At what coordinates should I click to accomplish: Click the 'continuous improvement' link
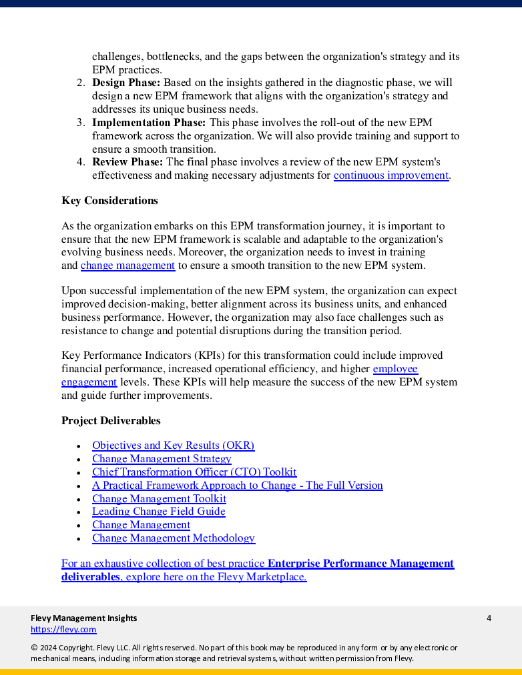coord(390,175)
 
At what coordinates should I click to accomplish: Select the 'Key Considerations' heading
coord(109,201)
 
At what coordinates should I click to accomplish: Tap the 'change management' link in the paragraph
coord(127,265)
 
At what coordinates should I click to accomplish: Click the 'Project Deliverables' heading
coord(111,421)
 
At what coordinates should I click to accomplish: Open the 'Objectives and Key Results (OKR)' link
coord(173,446)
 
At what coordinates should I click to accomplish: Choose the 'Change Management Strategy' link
coord(162,459)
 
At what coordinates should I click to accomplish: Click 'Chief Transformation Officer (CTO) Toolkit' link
coord(194,472)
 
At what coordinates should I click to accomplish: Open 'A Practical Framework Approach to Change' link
coord(237,486)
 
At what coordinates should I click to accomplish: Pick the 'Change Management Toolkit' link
coord(159,499)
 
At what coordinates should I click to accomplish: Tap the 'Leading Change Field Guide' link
coord(158,512)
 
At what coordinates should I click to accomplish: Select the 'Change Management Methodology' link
coord(173,538)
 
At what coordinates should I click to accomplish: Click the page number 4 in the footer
coord(489,618)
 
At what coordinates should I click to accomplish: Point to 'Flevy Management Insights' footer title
coord(83,618)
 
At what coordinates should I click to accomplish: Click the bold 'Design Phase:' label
coord(126,83)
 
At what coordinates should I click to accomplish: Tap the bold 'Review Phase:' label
coord(127,162)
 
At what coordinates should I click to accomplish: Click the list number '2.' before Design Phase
coord(80,83)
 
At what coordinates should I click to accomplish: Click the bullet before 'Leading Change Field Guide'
coord(79,512)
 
